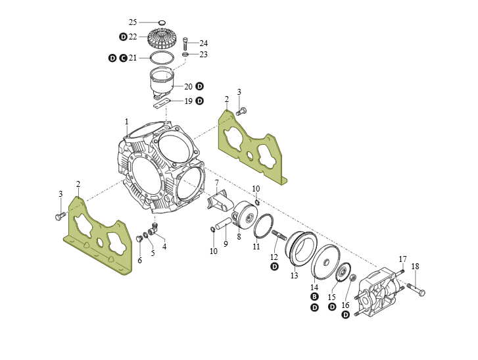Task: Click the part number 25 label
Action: (x=133, y=22)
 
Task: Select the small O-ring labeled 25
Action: (x=162, y=22)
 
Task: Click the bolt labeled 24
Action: (x=185, y=44)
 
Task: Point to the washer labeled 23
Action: (x=185, y=55)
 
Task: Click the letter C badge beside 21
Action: (x=123, y=58)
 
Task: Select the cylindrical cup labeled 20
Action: (x=162, y=82)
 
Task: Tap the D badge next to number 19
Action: (x=199, y=101)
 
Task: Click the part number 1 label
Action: (x=127, y=122)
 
